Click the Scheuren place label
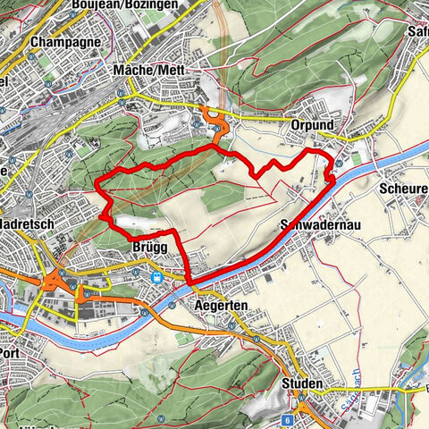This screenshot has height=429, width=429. point(402,189)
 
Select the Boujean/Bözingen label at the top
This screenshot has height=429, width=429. point(138,5)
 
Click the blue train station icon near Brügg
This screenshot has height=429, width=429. point(156,277)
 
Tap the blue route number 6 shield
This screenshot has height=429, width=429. point(288,394)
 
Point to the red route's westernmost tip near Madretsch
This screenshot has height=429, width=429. point(96,186)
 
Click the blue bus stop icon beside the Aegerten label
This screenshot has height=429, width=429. point(231,325)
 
